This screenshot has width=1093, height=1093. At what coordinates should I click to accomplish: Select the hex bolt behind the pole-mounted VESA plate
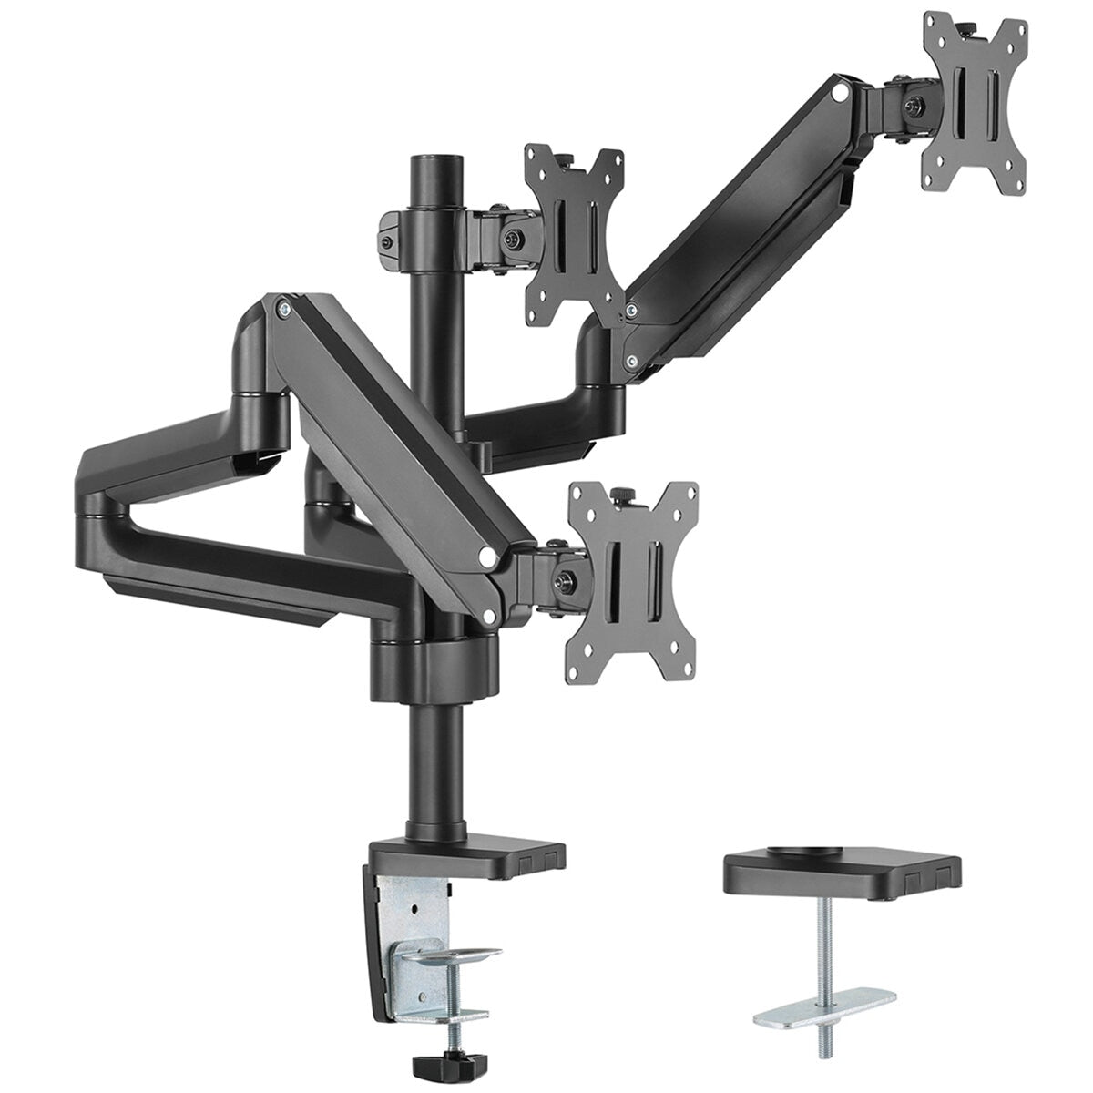[x=516, y=240]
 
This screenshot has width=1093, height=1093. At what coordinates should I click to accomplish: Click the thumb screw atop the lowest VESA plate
[x=624, y=494]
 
